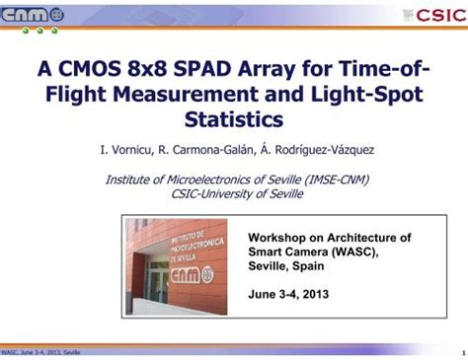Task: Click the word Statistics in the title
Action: (x=234, y=121)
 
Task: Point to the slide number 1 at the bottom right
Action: (x=461, y=352)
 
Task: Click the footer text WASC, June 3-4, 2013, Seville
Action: (x=41, y=352)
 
